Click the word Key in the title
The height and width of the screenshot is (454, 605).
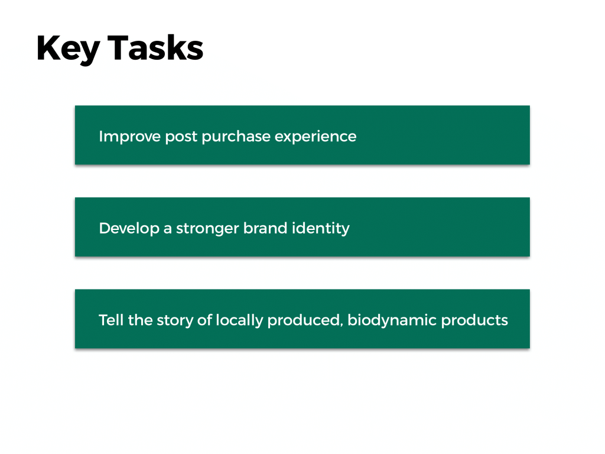pyautogui.click(x=69, y=48)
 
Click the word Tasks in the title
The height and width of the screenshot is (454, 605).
pyautogui.click(x=155, y=48)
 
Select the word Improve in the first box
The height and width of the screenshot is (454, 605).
pyautogui.click(x=129, y=137)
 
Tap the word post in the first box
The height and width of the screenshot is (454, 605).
pyautogui.click(x=181, y=137)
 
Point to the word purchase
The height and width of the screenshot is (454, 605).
pyautogui.click(x=236, y=137)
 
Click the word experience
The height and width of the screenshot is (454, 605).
pyautogui.click(x=315, y=137)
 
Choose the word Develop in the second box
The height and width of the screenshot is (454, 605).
pyautogui.click(x=129, y=229)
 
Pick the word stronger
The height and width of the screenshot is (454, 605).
pyautogui.click(x=207, y=229)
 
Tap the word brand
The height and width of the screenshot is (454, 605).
pyautogui.click(x=265, y=228)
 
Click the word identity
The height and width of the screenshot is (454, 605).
pyautogui.click(x=321, y=228)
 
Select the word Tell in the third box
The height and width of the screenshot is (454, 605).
pyautogui.click(x=111, y=320)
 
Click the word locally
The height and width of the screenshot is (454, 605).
pyautogui.click(x=240, y=320)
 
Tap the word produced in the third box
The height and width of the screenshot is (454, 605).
pyautogui.click(x=303, y=320)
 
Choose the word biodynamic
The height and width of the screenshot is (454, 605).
pyautogui.click(x=392, y=320)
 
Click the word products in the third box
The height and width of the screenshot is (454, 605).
pyautogui.click(x=474, y=320)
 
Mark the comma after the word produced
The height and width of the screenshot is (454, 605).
pyautogui.click(x=341, y=326)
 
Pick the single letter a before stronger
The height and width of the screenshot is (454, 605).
pyautogui.click(x=168, y=229)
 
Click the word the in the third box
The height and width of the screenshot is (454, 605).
pyautogui.click(x=140, y=320)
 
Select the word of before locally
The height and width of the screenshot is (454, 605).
pyautogui.click(x=204, y=320)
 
